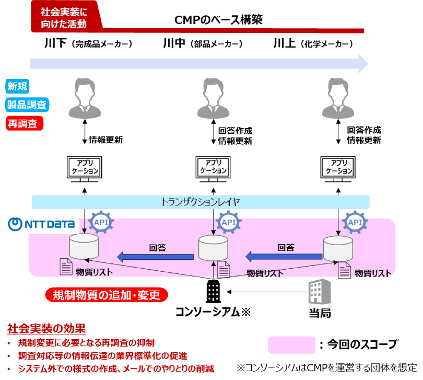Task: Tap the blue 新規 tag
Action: tap(17, 86)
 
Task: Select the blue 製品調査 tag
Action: tap(27, 105)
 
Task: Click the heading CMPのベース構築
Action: tap(218, 20)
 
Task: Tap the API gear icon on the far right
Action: tap(355, 222)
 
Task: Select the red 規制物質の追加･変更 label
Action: tap(107, 295)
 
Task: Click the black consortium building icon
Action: tap(213, 292)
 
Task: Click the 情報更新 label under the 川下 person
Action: tap(105, 140)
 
